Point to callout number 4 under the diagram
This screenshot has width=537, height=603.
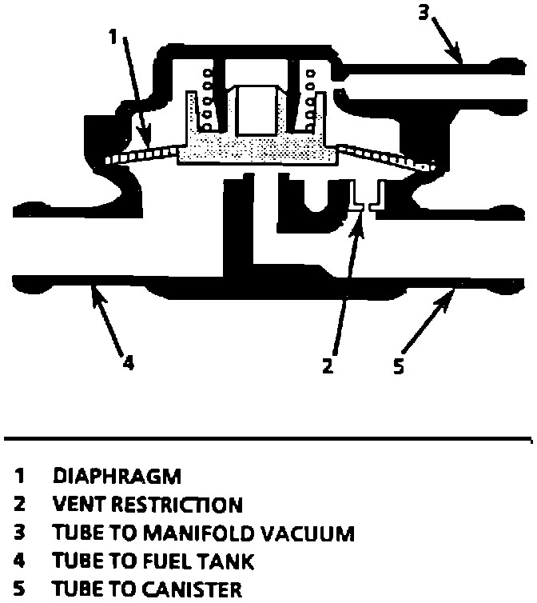pyautogui.click(x=129, y=362)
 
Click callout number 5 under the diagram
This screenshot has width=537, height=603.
pyautogui.click(x=399, y=367)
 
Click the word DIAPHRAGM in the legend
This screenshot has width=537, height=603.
pyautogui.click(x=117, y=476)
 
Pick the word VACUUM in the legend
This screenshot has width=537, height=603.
pyautogui.click(x=312, y=533)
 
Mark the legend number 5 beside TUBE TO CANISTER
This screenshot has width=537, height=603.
pyautogui.click(x=18, y=590)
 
